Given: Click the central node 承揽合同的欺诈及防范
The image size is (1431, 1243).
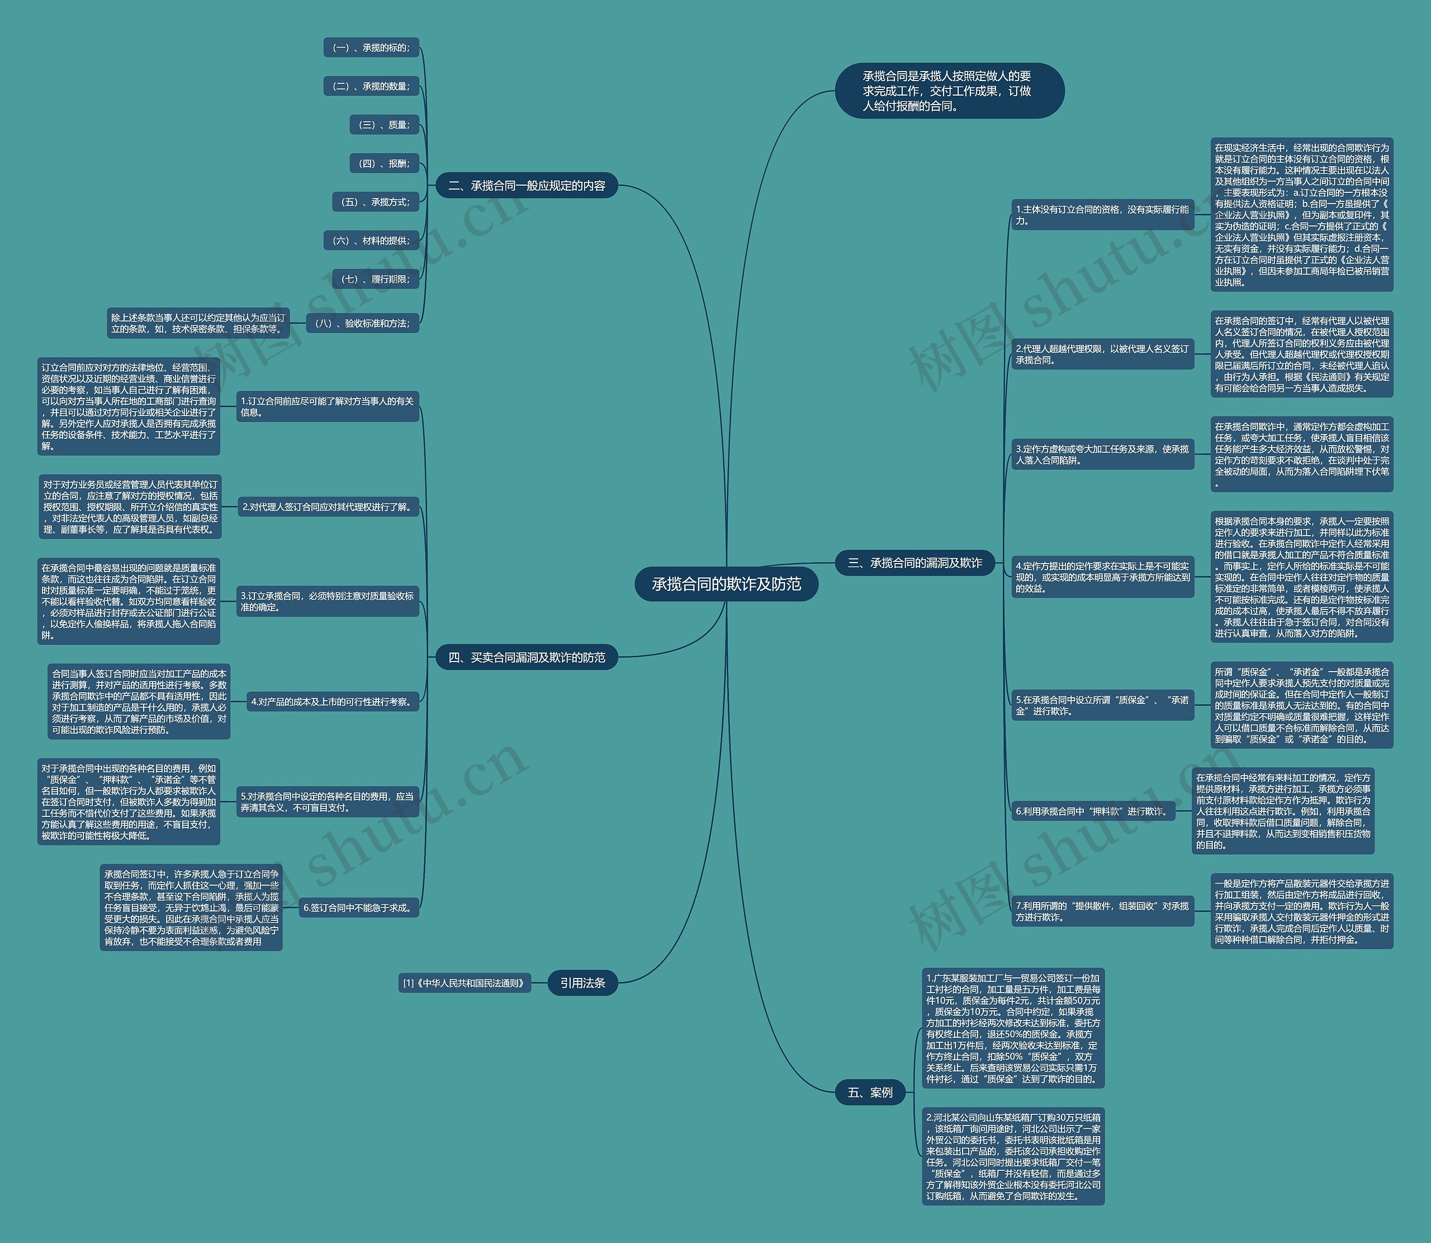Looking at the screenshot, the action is (726, 584).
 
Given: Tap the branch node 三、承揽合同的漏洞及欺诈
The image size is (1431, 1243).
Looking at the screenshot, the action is (914, 563).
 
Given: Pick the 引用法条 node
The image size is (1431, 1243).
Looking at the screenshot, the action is (582, 982).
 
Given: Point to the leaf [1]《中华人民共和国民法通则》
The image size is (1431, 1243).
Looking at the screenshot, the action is (465, 983).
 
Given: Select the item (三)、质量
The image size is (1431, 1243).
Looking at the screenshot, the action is (384, 125).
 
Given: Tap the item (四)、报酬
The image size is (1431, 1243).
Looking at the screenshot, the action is (384, 164).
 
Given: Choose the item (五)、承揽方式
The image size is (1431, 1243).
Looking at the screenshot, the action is (375, 202).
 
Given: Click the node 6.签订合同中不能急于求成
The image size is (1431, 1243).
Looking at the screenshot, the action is (359, 908).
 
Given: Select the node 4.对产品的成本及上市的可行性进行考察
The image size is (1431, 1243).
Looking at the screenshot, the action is (333, 702).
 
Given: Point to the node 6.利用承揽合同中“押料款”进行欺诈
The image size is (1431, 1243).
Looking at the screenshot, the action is (1093, 811).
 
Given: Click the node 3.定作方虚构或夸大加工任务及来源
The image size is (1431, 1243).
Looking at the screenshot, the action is (1102, 455).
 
